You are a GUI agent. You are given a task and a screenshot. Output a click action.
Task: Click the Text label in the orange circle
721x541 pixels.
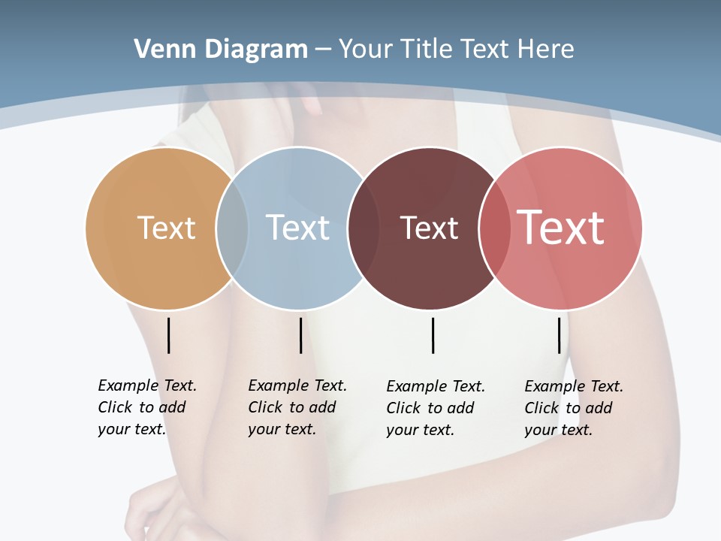click(x=166, y=228)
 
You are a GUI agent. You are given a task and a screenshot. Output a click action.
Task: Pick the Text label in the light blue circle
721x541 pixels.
click(x=297, y=228)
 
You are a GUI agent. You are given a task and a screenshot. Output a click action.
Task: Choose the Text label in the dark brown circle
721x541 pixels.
click(x=429, y=228)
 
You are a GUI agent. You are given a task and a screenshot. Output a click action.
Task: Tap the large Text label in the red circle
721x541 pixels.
click(x=560, y=228)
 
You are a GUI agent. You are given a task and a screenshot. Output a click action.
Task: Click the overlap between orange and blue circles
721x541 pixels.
click(x=232, y=228)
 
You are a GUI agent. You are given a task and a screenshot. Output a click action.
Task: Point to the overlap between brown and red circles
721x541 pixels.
click(x=493, y=228)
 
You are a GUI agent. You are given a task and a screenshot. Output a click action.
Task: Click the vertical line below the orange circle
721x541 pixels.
click(x=169, y=335)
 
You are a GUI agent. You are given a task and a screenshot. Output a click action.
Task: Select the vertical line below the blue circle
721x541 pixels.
click(x=300, y=335)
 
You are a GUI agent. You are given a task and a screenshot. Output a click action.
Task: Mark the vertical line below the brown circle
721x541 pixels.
click(x=433, y=335)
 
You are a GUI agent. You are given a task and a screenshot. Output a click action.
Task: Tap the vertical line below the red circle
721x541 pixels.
click(x=559, y=335)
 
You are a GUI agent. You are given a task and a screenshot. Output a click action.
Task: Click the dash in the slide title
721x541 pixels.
click(x=323, y=50)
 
